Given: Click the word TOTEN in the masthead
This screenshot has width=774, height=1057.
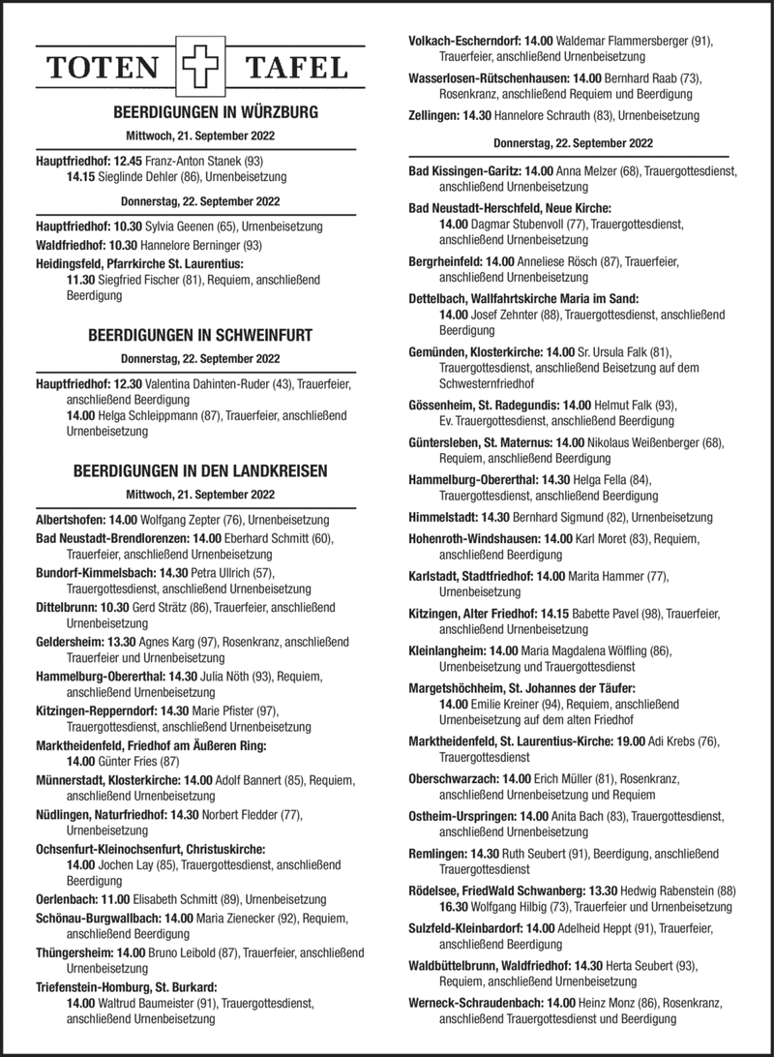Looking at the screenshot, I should pyautogui.click(x=106, y=68).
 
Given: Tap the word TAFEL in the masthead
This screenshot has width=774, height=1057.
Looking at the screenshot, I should pyautogui.click(x=296, y=68).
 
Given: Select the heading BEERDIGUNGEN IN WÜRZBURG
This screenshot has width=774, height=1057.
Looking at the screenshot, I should pyautogui.click(x=201, y=112).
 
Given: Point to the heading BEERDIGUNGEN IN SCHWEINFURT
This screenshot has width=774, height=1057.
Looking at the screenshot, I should pyautogui.click(x=200, y=337).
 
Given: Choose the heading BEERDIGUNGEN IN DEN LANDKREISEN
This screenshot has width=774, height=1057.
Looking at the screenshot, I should pyautogui.click(x=200, y=471).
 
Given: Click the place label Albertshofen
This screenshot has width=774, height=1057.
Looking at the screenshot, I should pyautogui.click(x=72, y=520).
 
